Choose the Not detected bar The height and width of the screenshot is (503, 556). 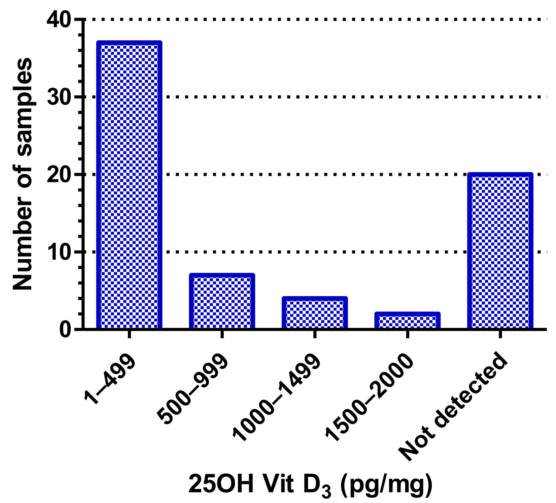pos(500,251)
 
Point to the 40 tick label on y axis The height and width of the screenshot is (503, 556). pos(59,20)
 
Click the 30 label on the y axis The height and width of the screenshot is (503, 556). pos(59,97)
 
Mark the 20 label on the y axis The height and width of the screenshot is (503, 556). pos(59,175)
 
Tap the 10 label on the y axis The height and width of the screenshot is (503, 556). pos(59,252)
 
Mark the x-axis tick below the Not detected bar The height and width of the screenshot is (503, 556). pos(500,334)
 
